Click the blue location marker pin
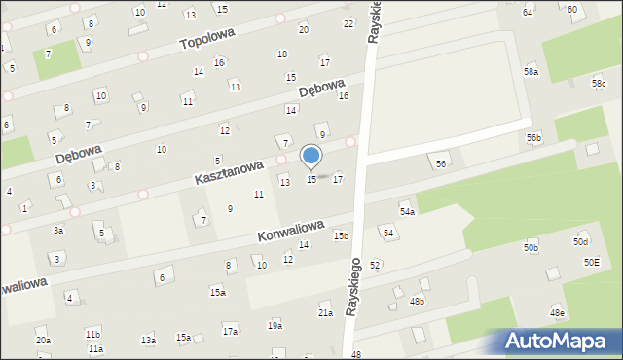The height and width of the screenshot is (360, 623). tap(311, 157)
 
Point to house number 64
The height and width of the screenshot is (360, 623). tap(528, 12)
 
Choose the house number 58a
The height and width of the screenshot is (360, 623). tap(531, 72)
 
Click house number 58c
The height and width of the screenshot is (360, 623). tap(599, 84)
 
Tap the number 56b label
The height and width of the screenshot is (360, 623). tap(534, 138)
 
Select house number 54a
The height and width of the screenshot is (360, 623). tap(407, 211)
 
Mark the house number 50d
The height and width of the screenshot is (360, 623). tap(581, 241)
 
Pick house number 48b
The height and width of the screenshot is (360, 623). tap(417, 302)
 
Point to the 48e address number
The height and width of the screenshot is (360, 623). tap(557, 313)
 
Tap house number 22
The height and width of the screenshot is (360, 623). tap(348, 23)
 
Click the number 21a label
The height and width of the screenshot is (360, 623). tap(325, 313)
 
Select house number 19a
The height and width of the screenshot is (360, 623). tap(275, 326)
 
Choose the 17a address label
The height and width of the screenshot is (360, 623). tap(230, 332)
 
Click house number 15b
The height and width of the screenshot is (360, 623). tap(341, 235)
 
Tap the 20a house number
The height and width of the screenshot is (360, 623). tap(43, 340)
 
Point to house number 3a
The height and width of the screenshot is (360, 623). tap(58, 231)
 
